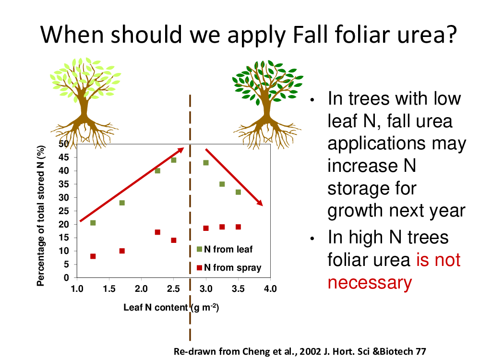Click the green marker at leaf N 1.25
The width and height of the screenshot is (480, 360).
(93, 223)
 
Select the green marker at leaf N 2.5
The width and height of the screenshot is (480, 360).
(174, 160)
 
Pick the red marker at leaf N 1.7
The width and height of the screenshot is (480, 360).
(122, 251)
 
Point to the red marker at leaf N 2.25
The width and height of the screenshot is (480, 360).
(157, 232)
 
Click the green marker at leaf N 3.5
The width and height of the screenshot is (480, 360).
(238, 192)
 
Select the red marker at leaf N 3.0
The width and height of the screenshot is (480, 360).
(206, 228)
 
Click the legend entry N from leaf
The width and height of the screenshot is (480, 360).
(225, 249)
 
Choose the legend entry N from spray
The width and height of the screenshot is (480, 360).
(229, 267)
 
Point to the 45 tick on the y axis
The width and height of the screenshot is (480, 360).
(64, 157)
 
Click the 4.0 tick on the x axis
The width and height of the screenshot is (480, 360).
(270, 288)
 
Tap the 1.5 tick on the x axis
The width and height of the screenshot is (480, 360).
(109, 288)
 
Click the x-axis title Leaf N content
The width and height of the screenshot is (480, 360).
(156, 307)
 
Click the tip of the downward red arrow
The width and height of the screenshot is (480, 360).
(263, 205)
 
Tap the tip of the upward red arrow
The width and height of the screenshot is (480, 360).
(184, 148)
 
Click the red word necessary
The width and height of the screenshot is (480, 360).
(370, 283)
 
